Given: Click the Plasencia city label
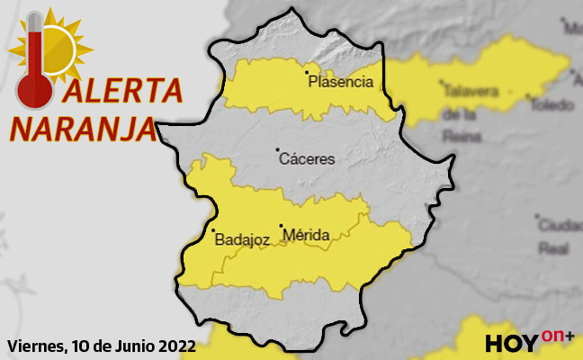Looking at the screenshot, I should (x=340, y=82).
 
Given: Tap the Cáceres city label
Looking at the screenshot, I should (x=308, y=159).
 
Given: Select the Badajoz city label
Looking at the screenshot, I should (x=242, y=239).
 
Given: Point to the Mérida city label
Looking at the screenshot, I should (x=306, y=236).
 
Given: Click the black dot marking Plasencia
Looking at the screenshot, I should (x=307, y=71).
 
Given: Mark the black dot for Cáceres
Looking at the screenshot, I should (x=277, y=149).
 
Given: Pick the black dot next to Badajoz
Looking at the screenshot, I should (x=211, y=230).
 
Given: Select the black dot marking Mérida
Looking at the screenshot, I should (x=281, y=226).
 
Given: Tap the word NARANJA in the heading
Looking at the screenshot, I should (x=82, y=127).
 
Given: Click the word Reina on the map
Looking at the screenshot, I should (x=460, y=135).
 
